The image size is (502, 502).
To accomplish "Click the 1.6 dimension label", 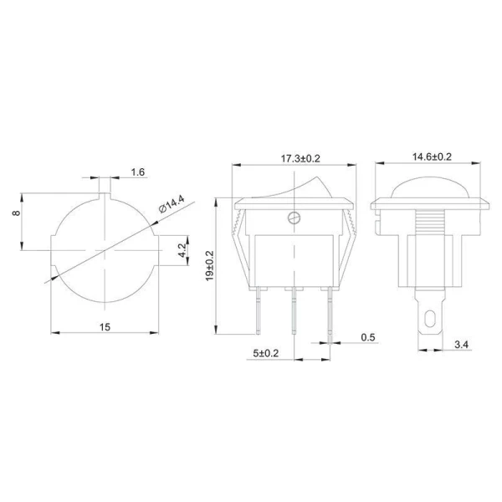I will [138, 172].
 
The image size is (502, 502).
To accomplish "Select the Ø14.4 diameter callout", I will [172, 204].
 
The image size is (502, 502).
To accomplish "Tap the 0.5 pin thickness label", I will [366, 337].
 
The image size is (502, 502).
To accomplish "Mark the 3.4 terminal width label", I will [459, 343].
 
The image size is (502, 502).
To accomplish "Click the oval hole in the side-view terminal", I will [428, 319].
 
